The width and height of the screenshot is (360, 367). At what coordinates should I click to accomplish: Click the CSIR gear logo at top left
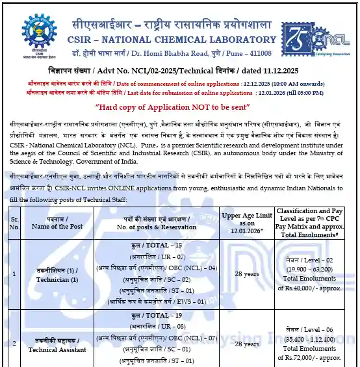(38, 27)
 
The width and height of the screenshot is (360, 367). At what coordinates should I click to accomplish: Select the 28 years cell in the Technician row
(248, 273)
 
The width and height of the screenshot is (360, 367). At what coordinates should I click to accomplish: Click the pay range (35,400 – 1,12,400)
(309, 338)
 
